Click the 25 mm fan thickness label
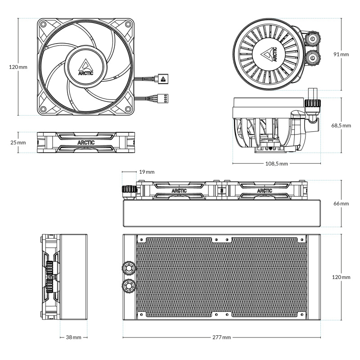click(18, 143)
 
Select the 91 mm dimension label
click(341, 54)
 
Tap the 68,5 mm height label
click(341, 126)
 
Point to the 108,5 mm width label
click(276, 163)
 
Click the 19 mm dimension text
click(147, 172)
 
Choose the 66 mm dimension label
click(341, 203)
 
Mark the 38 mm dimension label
click(74, 337)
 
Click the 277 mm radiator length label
click(221, 337)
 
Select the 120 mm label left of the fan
click(18, 67)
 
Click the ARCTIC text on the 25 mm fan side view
click(86, 143)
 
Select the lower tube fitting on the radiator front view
click(128, 286)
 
